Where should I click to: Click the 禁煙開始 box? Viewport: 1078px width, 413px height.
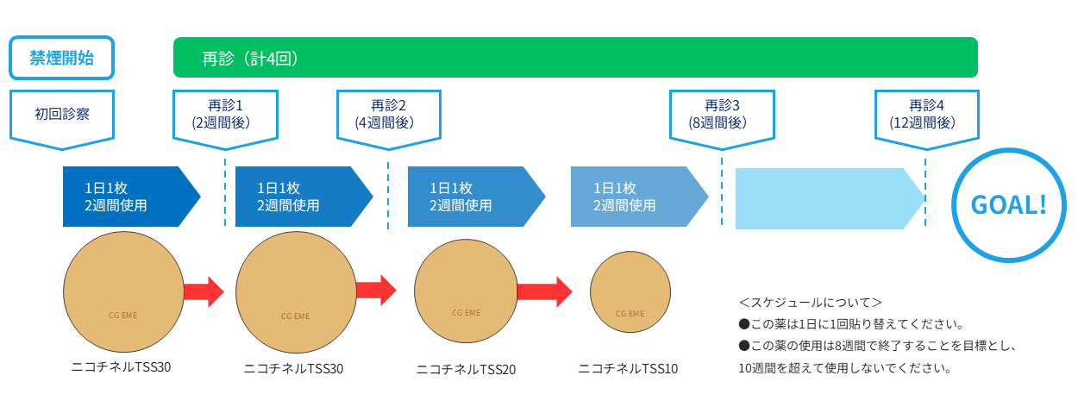[x=61, y=58]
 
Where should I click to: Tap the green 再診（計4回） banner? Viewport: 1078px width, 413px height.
[x=574, y=58]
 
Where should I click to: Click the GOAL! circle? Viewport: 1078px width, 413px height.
[x=1008, y=204]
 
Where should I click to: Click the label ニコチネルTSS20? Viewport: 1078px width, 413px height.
[x=466, y=370]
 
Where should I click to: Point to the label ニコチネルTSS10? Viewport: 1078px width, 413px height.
[x=628, y=369]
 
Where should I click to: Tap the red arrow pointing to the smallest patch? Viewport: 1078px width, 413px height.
[x=544, y=291]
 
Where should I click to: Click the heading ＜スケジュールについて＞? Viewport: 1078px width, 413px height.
[x=810, y=303]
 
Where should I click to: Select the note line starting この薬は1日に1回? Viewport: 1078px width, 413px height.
[x=849, y=325]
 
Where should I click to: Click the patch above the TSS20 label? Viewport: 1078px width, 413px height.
[x=466, y=291]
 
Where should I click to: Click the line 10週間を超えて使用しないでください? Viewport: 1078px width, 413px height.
[x=844, y=368]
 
